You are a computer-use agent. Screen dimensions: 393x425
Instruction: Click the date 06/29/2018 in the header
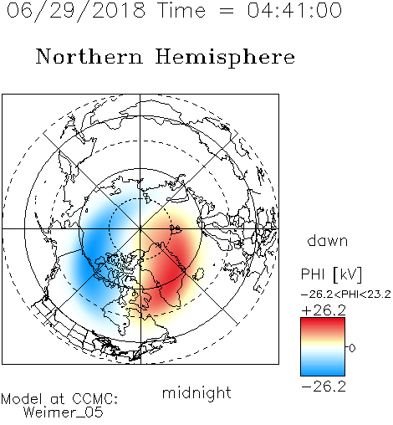pos(76,11)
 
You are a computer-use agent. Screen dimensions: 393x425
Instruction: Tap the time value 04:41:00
pos(294,10)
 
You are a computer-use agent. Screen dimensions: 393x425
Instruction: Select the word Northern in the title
pos(89,57)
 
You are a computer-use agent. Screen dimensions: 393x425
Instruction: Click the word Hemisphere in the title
pos(225,58)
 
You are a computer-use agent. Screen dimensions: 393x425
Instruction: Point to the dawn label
pos(328,240)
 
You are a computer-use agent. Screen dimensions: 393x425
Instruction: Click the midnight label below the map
pos(196,393)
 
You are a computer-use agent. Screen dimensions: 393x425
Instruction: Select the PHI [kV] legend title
pos(331,274)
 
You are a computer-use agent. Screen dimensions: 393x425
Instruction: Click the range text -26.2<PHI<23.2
pos(345,294)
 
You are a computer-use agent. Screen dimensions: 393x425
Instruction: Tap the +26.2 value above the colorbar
pos(324,310)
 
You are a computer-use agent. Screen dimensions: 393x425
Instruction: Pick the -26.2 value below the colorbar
pos(324,387)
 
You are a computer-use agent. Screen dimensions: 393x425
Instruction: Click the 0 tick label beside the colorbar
pos(352,348)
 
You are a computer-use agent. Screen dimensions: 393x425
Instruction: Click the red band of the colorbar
pos(323,325)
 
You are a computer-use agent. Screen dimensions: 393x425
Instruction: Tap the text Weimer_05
pos(63,412)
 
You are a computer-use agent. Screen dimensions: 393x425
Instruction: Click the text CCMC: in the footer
pos(94,399)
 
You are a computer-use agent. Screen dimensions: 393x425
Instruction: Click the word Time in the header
pos(181,10)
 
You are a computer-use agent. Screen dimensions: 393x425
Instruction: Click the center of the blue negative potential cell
pos(96,248)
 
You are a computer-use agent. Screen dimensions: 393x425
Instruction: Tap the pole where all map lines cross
pos(140,228)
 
